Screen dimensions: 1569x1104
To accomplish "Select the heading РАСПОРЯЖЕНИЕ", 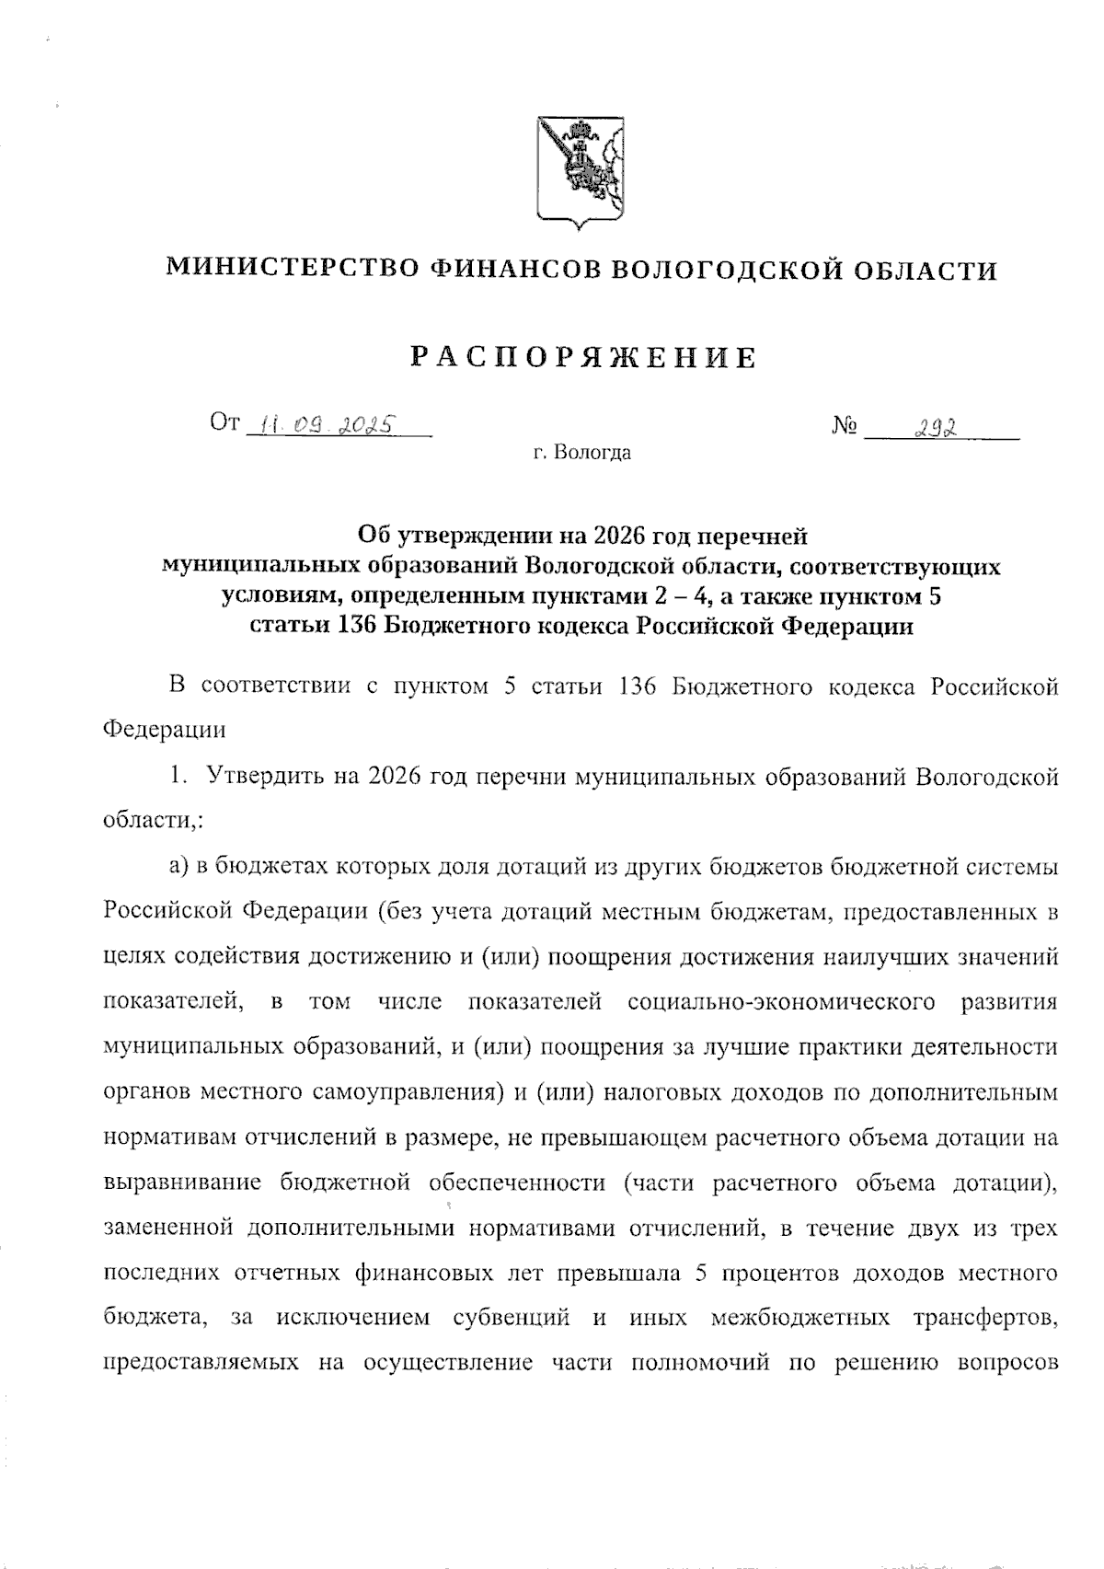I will pyautogui.click(x=582, y=357).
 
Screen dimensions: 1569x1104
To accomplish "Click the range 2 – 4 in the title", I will pyautogui.click(x=682, y=595).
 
